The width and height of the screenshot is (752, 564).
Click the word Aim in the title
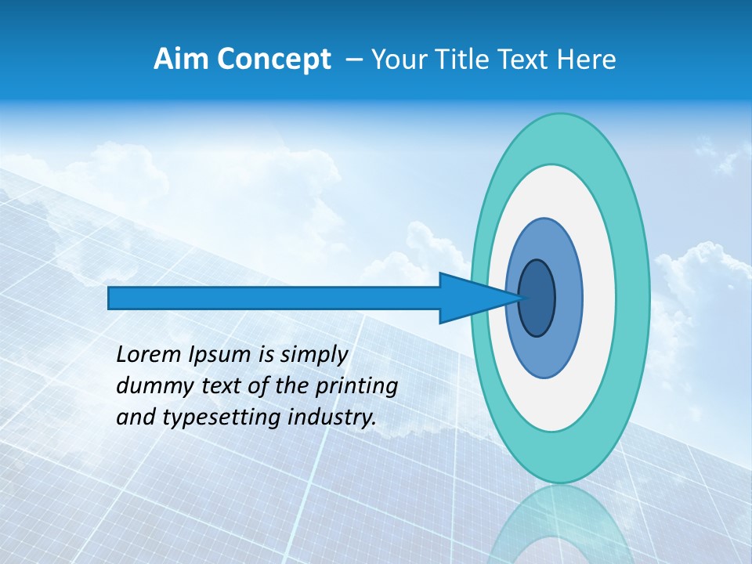(179, 60)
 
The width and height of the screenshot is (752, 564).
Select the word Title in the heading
(465, 60)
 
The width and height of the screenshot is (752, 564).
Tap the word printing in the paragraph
(358, 387)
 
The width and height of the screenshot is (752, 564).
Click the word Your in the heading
(397, 60)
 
